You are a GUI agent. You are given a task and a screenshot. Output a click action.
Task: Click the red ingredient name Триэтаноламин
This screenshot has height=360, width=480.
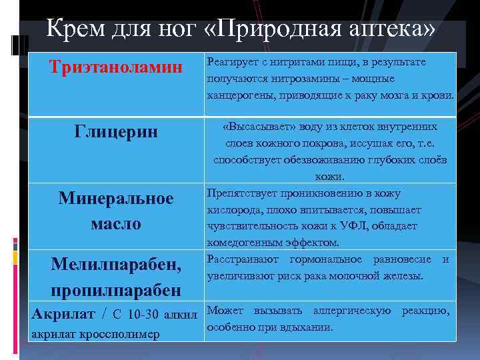point(117,67)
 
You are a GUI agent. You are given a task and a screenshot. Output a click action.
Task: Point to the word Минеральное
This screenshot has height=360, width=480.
point(116,198)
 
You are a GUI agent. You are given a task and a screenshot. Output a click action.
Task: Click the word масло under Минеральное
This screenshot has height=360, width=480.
point(116,223)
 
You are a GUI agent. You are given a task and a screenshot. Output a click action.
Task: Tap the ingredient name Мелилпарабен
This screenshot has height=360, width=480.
point(116,265)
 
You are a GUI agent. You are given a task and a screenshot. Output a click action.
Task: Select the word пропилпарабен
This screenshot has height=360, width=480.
point(116,290)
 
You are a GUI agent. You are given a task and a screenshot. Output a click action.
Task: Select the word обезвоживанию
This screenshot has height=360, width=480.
point(323,160)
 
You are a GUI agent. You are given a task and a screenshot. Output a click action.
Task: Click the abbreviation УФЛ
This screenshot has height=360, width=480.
point(360,226)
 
